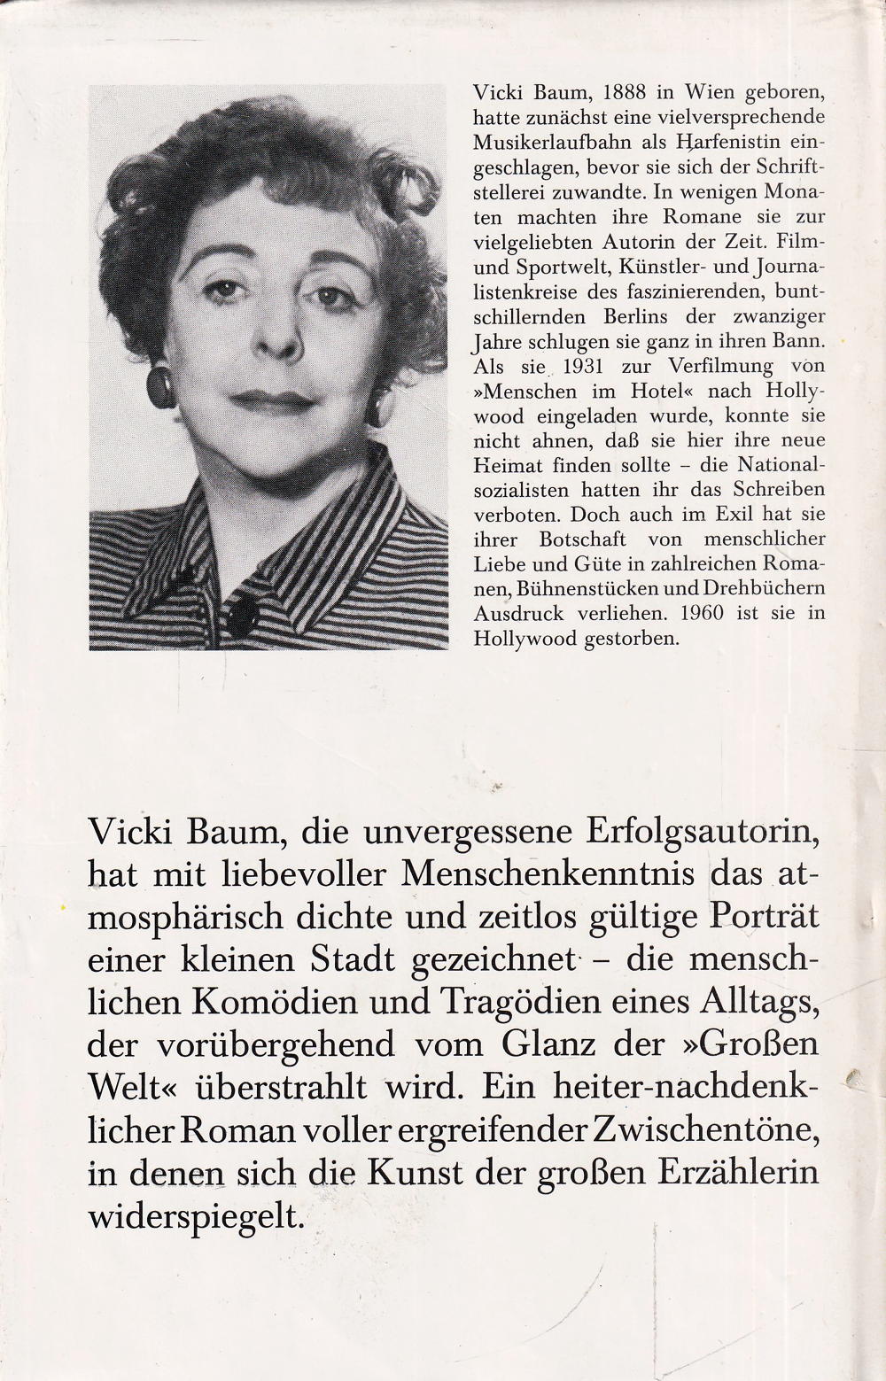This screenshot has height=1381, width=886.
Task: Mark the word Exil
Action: pyautogui.click(x=724, y=514)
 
